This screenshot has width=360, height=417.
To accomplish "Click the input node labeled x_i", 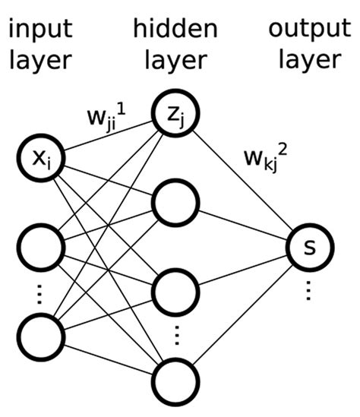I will click(x=39, y=159).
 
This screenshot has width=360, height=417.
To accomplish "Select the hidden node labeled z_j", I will click(x=175, y=114).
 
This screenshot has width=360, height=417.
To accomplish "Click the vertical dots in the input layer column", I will click(x=39, y=293).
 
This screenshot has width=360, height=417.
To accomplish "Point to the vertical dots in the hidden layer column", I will click(x=175, y=335).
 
